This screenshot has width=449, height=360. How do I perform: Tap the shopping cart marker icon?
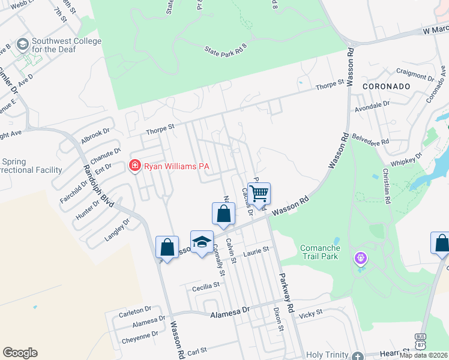point(259,194)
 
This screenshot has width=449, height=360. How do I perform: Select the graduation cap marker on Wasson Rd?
point(202,242)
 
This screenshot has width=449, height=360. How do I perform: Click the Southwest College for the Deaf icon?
point(23,44)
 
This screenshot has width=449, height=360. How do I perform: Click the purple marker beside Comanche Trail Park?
point(360,258)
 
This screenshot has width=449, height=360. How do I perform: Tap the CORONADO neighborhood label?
point(387,86)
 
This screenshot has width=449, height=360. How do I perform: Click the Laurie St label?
point(258,253)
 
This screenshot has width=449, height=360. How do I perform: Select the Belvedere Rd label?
point(370,139)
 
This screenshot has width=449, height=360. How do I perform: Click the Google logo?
point(20,353)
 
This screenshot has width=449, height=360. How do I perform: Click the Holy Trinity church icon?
point(358,355)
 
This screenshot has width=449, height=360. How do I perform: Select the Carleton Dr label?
point(131,311)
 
